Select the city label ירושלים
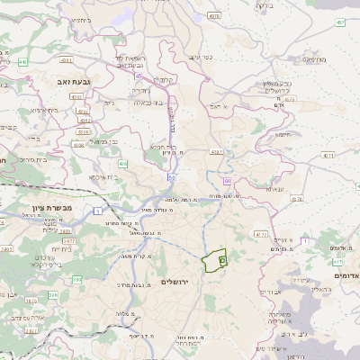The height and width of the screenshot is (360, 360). click(176, 282)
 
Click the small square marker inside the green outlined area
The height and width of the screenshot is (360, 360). click(222, 261)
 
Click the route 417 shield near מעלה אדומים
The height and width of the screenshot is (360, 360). click(261, 235)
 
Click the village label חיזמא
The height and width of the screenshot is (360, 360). click(282, 135)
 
